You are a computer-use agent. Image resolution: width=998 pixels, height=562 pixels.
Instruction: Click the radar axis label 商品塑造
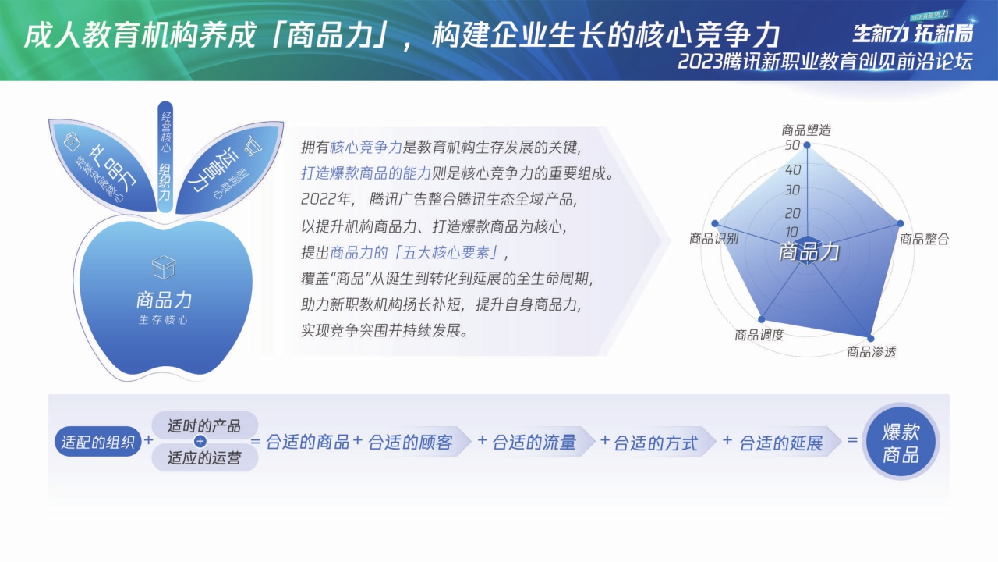tap(806, 130)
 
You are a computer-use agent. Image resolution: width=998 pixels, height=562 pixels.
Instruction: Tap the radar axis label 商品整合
tap(924, 239)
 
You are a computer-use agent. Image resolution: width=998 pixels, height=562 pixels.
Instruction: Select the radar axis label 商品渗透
tap(872, 352)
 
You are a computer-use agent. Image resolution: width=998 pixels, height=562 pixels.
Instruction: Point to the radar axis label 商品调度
tap(759, 335)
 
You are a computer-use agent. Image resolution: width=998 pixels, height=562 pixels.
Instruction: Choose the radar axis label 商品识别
tap(713, 239)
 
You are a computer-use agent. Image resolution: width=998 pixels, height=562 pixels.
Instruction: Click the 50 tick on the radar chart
tap(792, 146)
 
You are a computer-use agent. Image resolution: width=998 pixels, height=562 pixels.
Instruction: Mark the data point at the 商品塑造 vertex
tap(807, 145)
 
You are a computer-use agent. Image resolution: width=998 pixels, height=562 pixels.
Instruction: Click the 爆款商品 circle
tap(901, 443)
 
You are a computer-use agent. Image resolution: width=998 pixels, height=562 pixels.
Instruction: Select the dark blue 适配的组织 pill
tap(98, 442)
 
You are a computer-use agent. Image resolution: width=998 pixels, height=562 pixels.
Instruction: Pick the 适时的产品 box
tap(204, 426)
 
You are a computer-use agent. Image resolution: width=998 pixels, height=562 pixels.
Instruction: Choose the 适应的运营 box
tap(204, 458)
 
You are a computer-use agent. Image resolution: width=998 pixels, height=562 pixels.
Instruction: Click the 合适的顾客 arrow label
tap(411, 443)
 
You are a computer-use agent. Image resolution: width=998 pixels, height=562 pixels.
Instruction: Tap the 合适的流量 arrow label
tap(534, 443)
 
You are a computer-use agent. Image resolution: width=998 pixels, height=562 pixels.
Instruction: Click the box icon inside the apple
tap(164, 268)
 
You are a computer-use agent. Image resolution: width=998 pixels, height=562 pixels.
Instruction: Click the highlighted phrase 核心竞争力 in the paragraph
tap(366, 146)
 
